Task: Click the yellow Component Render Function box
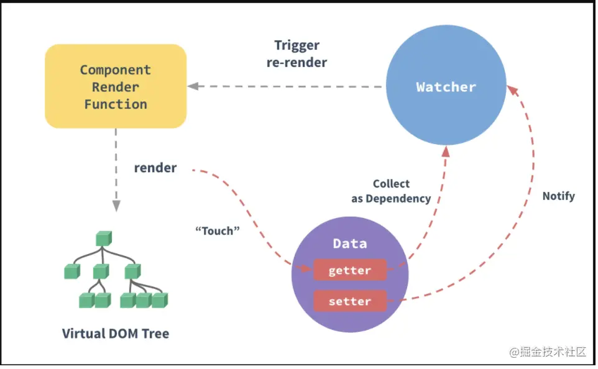tap(116, 86)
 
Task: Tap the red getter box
tap(349, 270)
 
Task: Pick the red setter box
tap(349, 301)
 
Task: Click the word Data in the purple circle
tap(350, 243)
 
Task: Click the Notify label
tap(558, 196)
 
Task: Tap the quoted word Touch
tap(218, 231)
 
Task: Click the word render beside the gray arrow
tap(155, 168)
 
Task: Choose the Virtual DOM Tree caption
tap(116, 334)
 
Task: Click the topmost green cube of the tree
tap(103, 238)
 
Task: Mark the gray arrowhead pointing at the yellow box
tap(193, 86)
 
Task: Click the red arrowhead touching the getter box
tap(305, 269)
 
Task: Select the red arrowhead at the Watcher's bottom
tap(445, 152)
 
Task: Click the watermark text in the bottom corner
tap(548, 352)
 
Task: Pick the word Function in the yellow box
tap(116, 104)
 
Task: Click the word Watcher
tap(446, 86)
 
